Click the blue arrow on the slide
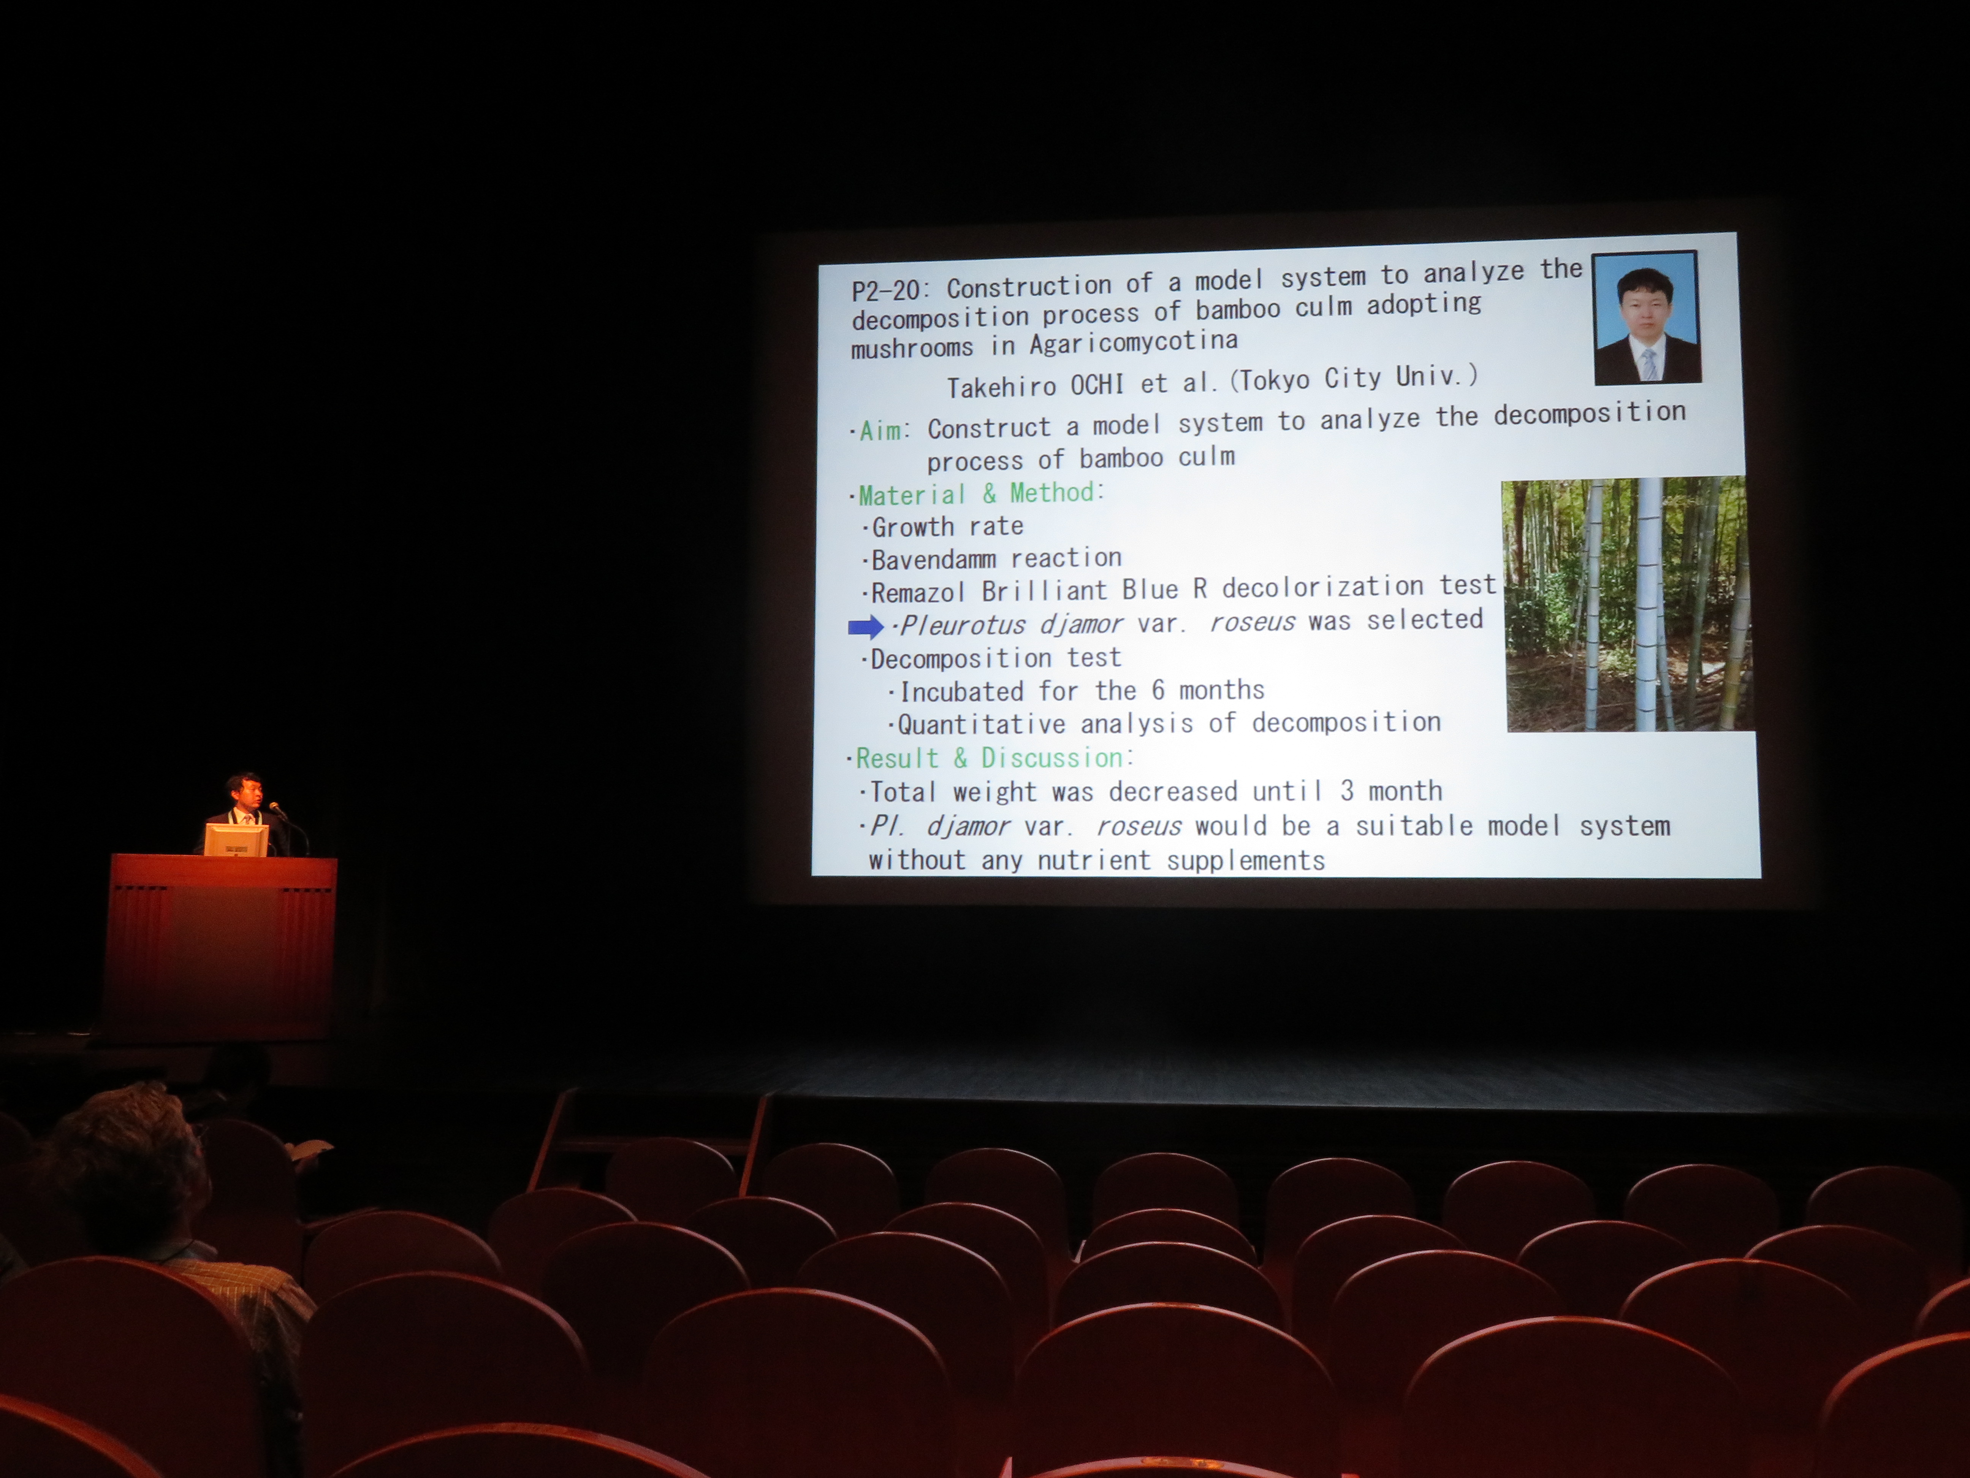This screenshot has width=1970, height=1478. (x=865, y=627)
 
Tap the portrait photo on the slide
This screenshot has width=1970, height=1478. (x=1647, y=318)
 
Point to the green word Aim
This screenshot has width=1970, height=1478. (x=880, y=431)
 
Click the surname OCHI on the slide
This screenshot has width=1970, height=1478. (x=1097, y=385)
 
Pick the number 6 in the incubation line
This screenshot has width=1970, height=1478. (x=1158, y=690)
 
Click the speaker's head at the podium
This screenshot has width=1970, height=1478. (x=244, y=790)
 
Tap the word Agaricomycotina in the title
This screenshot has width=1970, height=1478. (x=1134, y=343)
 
